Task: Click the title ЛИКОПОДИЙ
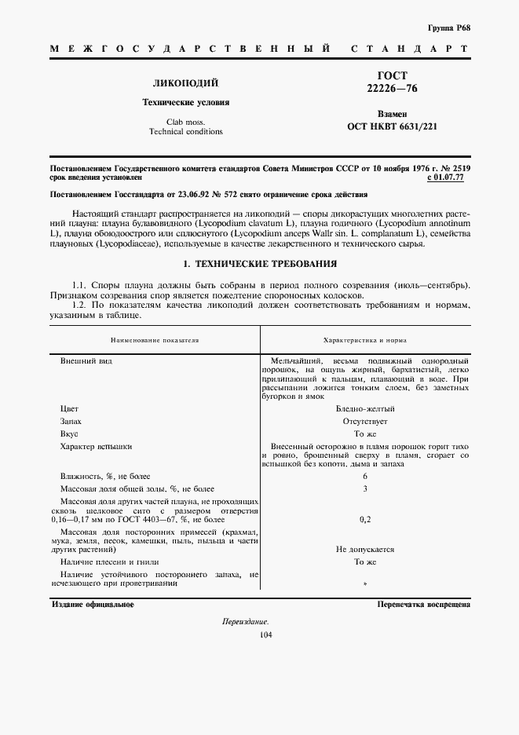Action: (x=185, y=82)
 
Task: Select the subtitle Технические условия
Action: (x=185, y=102)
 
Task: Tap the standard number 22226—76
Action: (x=393, y=89)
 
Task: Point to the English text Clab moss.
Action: (x=185, y=121)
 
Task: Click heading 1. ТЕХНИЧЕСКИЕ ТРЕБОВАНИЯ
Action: (x=259, y=263)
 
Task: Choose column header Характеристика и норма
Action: (x=364, y=340)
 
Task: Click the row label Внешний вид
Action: (x=79, y=360)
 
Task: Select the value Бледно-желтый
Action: (x=364, y=408)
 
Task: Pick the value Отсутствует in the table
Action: (x=364, y=421)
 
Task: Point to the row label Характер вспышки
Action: (x=96, y=446)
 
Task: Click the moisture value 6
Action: (x=364, y=477)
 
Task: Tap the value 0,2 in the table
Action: (x=364, y=519)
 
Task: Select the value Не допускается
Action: (x=364, y=550)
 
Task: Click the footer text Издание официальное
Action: (x=92, y=605)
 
